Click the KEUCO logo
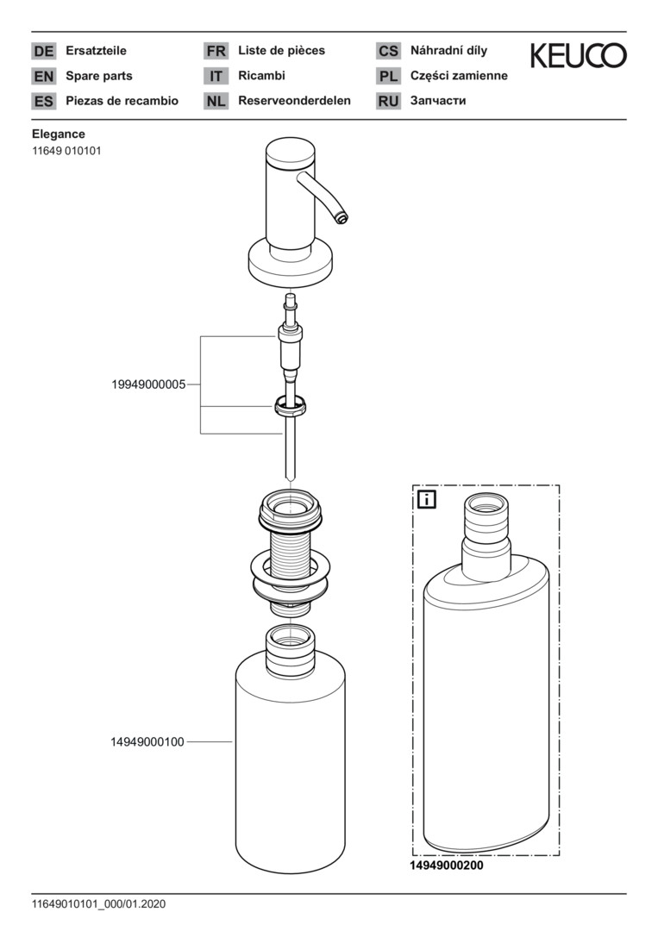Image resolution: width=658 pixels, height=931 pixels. [x=578, y=57]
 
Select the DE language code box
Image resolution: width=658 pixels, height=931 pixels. [x=43, y=51]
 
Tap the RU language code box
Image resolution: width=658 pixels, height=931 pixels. [x=388, y=101]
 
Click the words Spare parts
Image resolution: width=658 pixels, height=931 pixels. [x=99, y=76]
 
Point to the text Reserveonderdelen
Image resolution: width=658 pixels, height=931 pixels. [x=294, y=101]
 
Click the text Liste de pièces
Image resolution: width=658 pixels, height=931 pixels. [x=281, y=51]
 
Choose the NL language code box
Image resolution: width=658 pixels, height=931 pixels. [x=216, y=101]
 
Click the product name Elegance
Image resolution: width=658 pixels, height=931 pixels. [x=59, y=134]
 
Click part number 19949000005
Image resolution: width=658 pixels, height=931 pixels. [x=148, y=384]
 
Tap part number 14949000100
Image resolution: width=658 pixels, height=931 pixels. [x=147, y=741]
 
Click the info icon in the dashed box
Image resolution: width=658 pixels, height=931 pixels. [x=426, y=499]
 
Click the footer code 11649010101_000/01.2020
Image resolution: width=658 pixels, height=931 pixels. [x=98, y=904]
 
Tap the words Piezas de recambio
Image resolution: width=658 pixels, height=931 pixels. [x=122, y=101]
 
